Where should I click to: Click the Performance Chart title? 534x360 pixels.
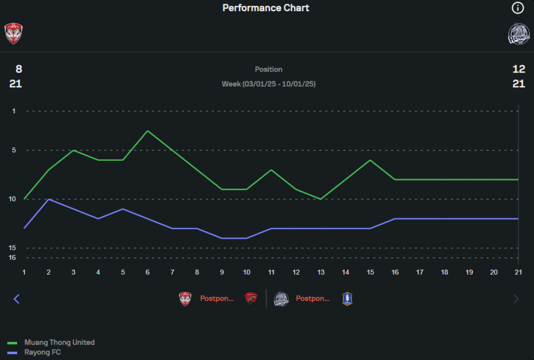click(x=266, y=8)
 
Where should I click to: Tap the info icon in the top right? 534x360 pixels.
click(x=517, y=8)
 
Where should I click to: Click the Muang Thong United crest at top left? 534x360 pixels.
click(x=13, y=33)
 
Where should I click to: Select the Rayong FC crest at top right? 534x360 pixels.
click(x=519, y=33)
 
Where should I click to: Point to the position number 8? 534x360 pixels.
click(x=19, y=69)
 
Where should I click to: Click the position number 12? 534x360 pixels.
click(x=519, y=69)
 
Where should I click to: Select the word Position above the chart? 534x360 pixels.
click(x=269, y=69)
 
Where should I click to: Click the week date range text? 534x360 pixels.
click(x=269, y=84)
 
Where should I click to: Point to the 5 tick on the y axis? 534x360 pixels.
click(x=14, y=151)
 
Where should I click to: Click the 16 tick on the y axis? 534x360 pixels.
click(x=13, y=257)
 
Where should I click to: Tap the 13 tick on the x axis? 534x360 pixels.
click(x=321, y=272)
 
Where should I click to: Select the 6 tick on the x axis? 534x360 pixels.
click(x=147, y=272)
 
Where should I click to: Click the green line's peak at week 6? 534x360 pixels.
click(x=147, y=131)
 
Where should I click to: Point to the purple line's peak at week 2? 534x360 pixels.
click(x=49, y=199)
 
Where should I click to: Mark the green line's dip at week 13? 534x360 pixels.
click(x=320, y=199)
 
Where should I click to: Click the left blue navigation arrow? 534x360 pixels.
click(x=16, y=299)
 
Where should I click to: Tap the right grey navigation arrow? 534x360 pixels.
click(x=516, y=299)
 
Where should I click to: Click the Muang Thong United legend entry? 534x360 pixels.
click(x=59, y=342)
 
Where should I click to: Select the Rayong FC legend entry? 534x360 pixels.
click(x=43, y=353)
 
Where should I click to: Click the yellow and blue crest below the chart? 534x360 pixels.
click(x=348, y=299)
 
